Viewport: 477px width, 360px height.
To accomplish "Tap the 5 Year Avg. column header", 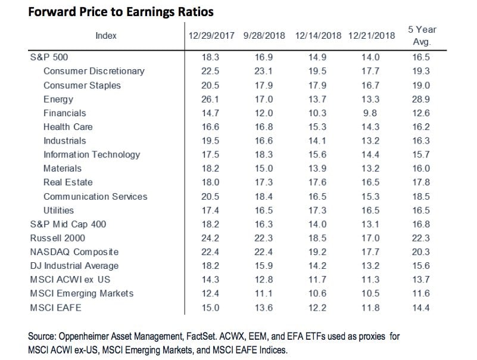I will coord(422,35).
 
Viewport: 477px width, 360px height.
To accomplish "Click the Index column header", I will coord(106,35).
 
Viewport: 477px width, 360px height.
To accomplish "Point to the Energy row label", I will coord(58,99).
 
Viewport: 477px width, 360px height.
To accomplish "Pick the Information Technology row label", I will coord(92,154).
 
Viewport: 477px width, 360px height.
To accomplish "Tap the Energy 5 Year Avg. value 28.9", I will coord(422,99).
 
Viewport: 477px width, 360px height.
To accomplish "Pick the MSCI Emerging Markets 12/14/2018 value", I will coord(319,294).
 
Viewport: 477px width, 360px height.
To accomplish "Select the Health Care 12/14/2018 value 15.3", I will coord(319,127).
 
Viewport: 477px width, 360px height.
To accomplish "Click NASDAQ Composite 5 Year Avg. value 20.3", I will coord(422,252).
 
